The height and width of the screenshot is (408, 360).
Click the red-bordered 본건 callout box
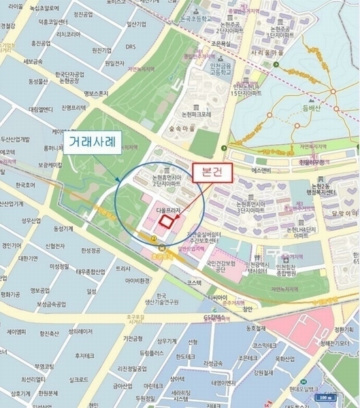pos(213,173)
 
